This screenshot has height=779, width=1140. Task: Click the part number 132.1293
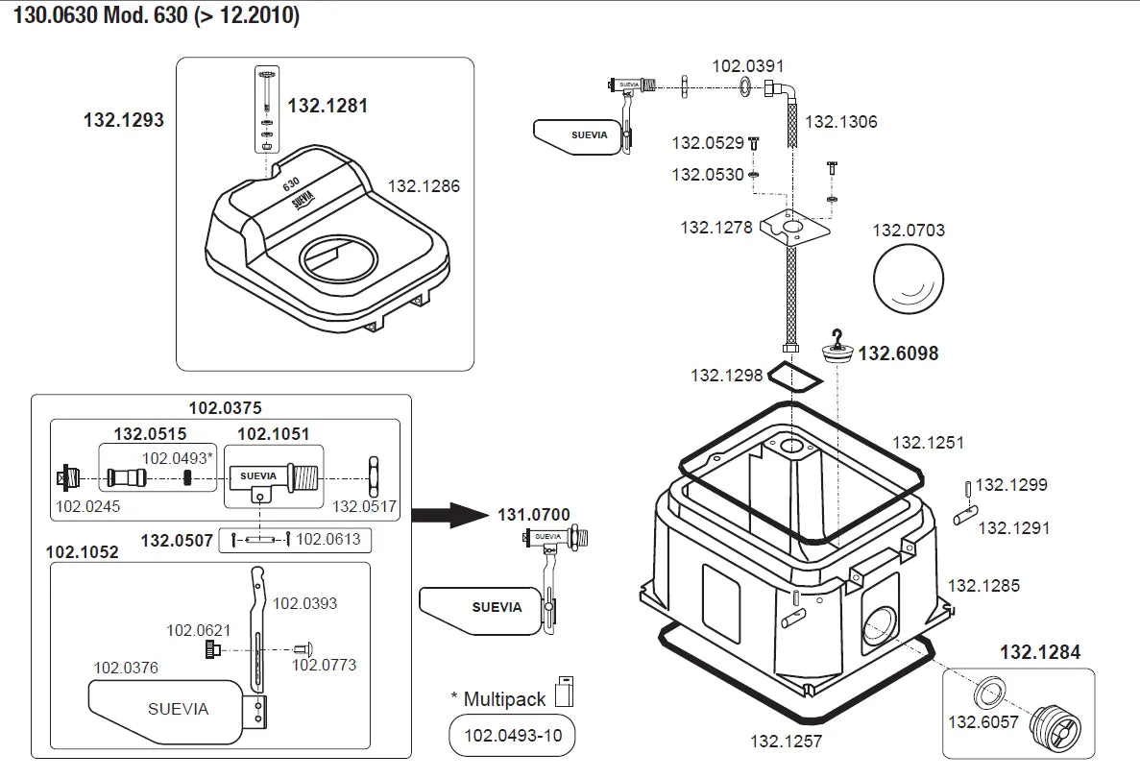tap(123, 121)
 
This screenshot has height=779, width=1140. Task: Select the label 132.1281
tap(327, 107)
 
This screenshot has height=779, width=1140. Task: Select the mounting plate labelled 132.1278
tap(792, 231)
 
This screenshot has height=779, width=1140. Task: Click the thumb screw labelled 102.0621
tap(211, 651)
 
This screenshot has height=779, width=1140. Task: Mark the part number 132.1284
tap(1040, 653)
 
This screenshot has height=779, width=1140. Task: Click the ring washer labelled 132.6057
tap(990, 694)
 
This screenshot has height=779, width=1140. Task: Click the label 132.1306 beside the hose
tap(840, 123)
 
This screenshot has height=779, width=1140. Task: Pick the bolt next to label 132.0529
tap(755, 143)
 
